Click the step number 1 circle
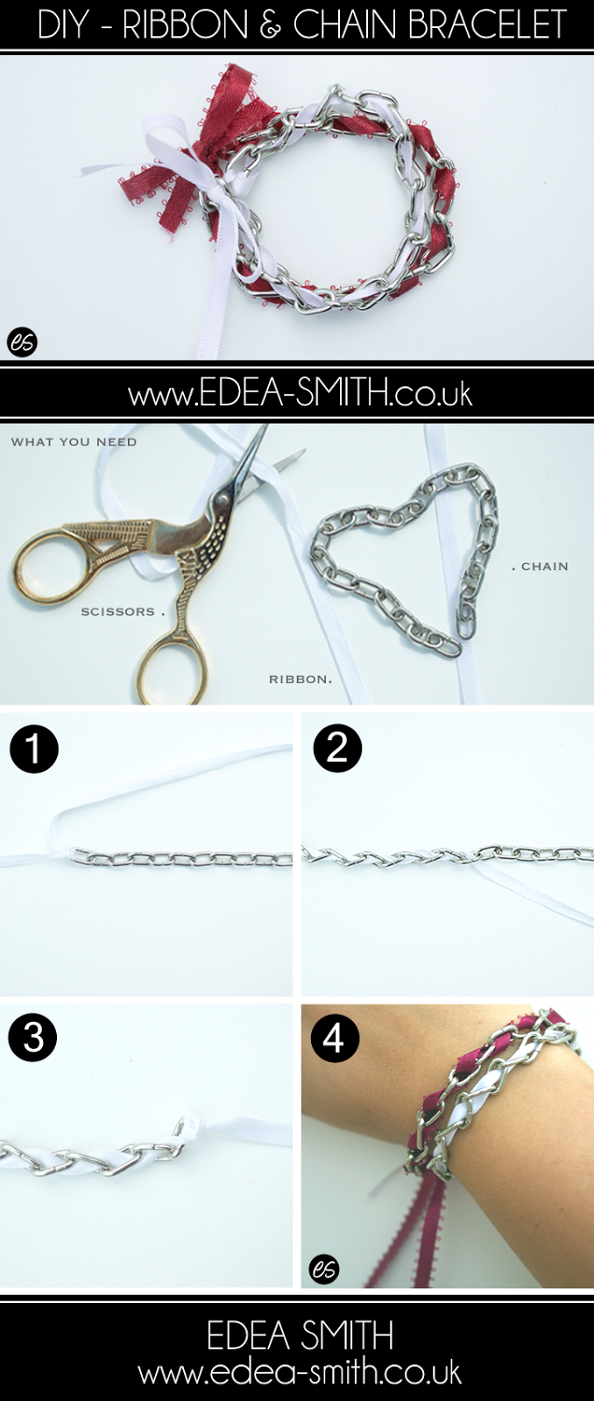tap(34, 749)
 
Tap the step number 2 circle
tap(337, 747)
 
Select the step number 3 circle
tap(32, 1038)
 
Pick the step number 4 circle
tap(335, 1038)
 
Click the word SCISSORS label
tap(117, 612)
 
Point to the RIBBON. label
tap(301, 679)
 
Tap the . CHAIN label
tap(541, 567)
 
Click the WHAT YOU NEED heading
tap(74, 441)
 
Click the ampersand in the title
tap(270, 25)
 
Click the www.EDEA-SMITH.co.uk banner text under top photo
tap(300, 394)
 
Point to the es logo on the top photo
tap(23, 342)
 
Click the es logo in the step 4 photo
tap(324, 1269)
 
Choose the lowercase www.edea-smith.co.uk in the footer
tap(300, 1373)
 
